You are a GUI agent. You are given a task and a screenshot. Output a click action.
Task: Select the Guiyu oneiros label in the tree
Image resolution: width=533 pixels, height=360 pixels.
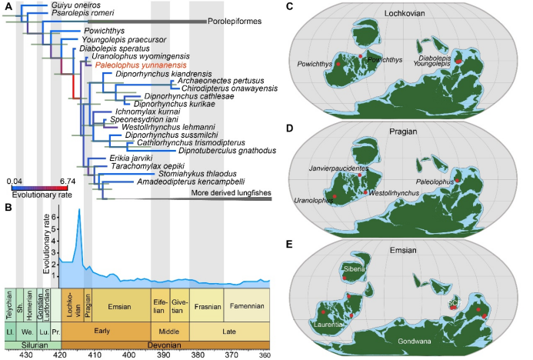(x=74, y=5)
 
